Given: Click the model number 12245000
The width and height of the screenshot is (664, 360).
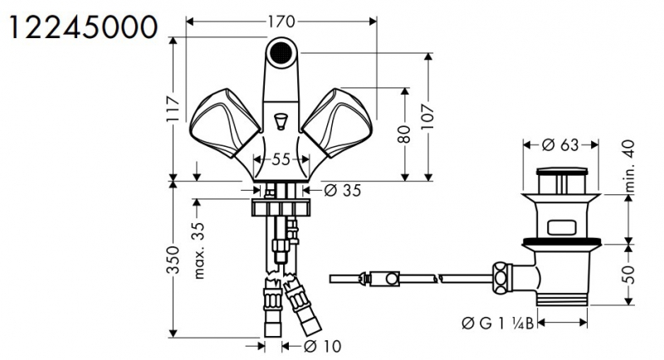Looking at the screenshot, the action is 84,27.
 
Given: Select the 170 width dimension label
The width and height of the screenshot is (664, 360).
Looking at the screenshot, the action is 281,22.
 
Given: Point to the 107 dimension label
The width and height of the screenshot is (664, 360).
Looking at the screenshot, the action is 428,116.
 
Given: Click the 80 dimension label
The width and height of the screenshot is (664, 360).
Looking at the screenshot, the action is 405,134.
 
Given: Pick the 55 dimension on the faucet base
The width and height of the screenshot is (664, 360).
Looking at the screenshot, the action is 281,159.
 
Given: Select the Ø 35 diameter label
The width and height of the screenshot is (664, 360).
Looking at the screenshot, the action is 342,190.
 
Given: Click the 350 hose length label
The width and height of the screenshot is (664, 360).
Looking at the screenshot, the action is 173,260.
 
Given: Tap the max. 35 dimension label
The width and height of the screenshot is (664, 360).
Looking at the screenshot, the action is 198,251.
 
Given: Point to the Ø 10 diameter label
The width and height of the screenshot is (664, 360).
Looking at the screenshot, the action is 323,347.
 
